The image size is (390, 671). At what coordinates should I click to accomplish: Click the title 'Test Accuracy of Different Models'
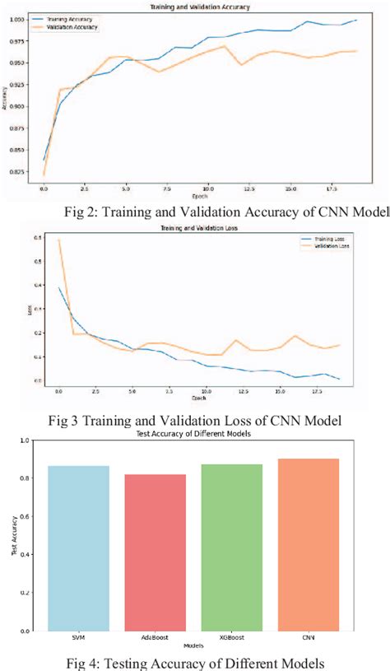click(x=197, y=433)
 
